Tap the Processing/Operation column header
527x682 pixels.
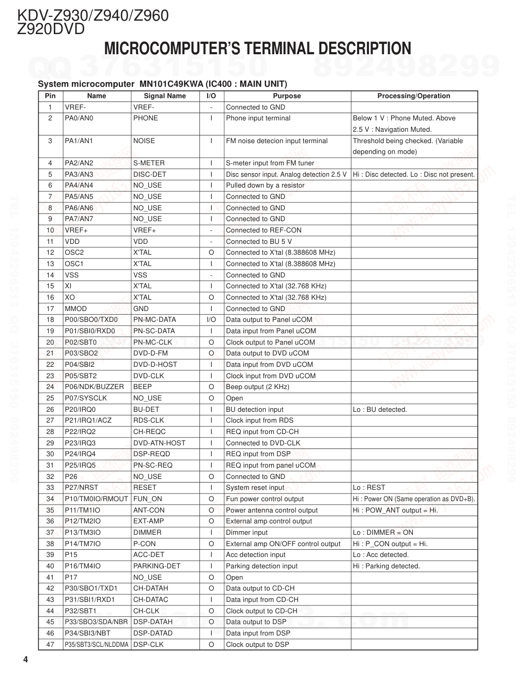413,96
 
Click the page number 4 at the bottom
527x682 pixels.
25,660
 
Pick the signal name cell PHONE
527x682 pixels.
146,118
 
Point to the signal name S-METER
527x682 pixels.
149,163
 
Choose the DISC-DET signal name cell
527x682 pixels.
150,175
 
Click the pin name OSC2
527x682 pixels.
74,253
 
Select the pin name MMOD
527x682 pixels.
75,309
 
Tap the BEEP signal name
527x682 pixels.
143,387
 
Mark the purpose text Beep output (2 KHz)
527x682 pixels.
257,387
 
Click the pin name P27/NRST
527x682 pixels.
81,488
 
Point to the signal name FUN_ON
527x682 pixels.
148,499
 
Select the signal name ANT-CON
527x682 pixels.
149,510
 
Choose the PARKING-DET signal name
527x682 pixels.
157,566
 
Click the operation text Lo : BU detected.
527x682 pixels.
380,410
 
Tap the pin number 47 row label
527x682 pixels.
50,645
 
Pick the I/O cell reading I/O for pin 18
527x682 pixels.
211,320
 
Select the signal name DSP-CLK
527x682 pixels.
148,645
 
